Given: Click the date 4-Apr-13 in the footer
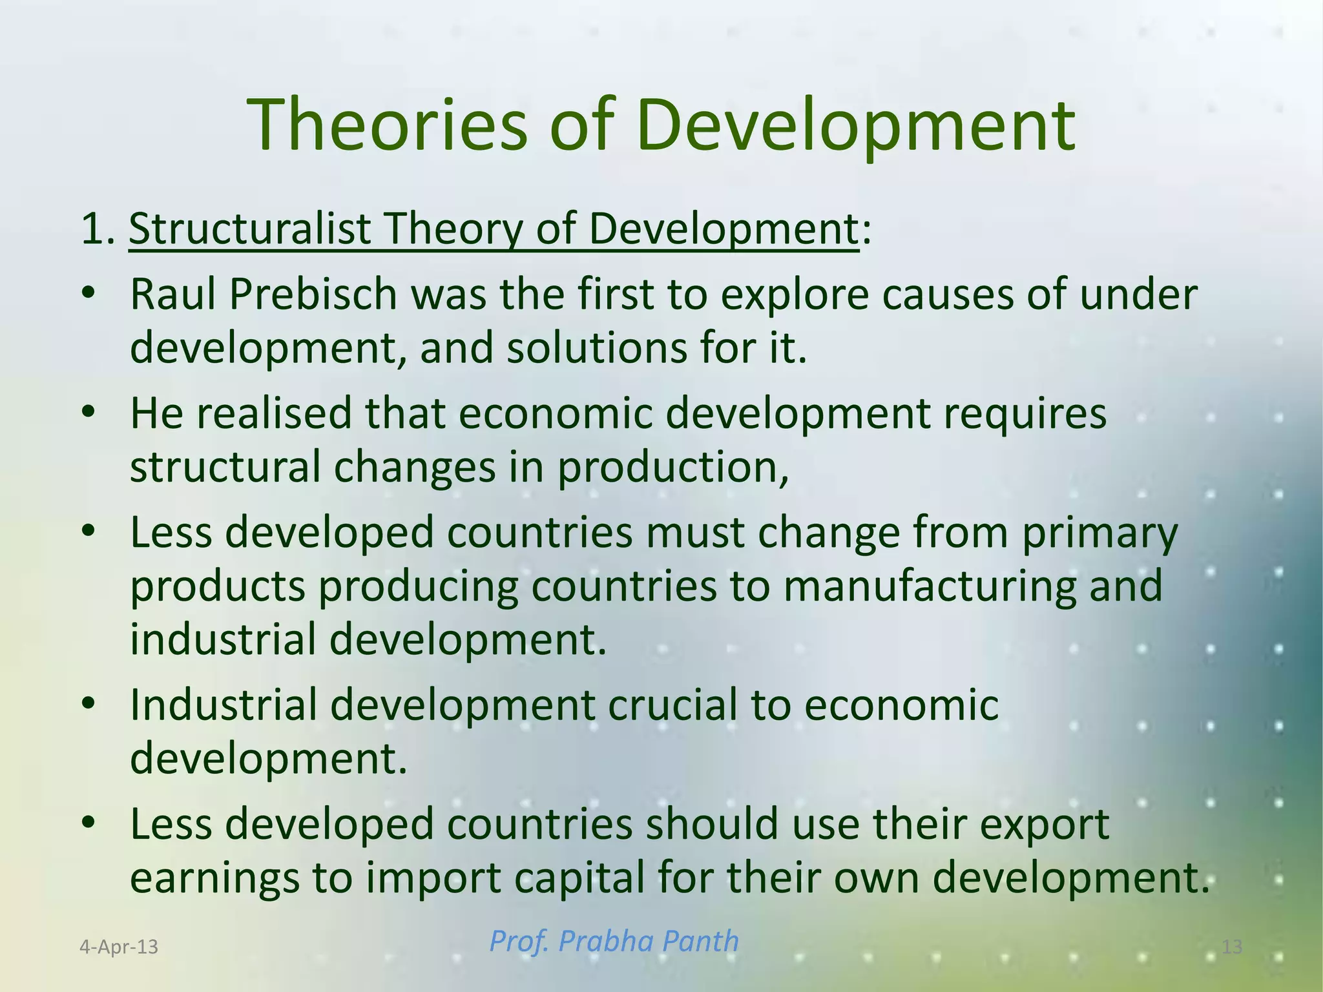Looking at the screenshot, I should (x=119, y=947).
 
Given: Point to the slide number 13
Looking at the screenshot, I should (x=1232, y=947).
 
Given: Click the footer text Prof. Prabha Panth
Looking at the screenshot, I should (x=614, y=941).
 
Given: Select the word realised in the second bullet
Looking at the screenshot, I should (x=274, y=413).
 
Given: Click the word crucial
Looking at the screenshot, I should (x=673, y=705).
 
